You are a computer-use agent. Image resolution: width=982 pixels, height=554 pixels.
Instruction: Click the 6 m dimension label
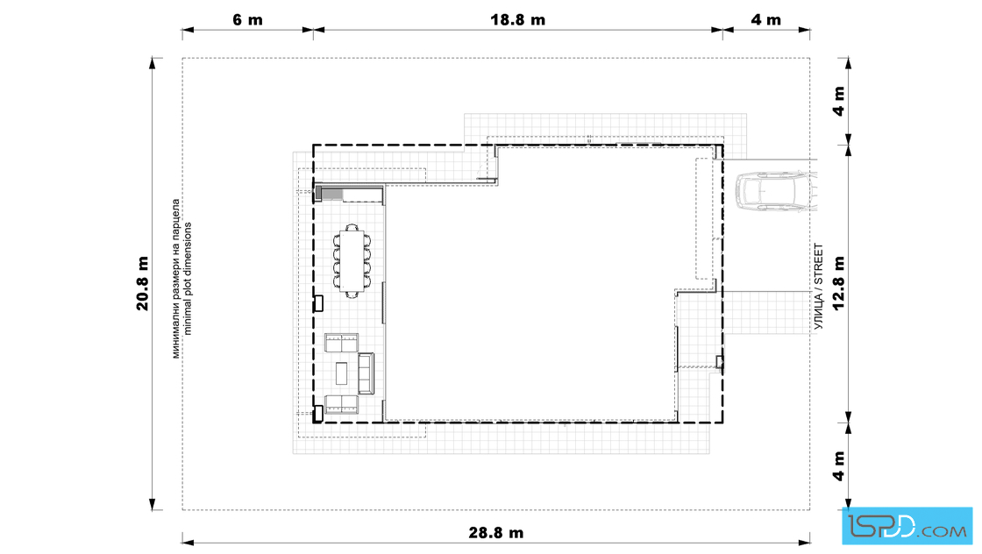247,20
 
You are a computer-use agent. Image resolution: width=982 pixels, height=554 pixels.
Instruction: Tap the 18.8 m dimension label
517,20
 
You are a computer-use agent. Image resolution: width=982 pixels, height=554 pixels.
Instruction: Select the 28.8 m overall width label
496,533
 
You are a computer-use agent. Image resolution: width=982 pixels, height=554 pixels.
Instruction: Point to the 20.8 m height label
143,283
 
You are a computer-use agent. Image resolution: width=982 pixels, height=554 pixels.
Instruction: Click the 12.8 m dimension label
838,283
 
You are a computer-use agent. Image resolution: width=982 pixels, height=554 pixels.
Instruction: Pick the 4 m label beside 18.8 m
766,20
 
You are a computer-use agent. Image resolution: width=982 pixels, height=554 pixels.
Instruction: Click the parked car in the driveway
775,191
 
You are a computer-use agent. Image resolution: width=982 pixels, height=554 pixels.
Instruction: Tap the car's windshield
762,191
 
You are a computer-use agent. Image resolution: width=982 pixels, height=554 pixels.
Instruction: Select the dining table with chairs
352,261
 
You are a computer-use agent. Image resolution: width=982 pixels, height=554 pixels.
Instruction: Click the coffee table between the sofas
342,373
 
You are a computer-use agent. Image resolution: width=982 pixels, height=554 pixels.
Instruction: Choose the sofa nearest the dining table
341,343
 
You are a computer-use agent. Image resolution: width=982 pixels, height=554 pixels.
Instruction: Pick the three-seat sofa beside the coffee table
366,373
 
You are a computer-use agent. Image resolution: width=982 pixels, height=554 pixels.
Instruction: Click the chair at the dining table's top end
352,228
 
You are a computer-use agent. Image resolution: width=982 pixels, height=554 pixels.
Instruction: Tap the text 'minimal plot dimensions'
188,279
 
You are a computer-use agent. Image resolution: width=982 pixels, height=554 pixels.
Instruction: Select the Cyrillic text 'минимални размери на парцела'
176,279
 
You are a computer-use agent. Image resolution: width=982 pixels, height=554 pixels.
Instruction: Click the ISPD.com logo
907,526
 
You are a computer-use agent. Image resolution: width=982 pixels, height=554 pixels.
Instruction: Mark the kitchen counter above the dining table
350,194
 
